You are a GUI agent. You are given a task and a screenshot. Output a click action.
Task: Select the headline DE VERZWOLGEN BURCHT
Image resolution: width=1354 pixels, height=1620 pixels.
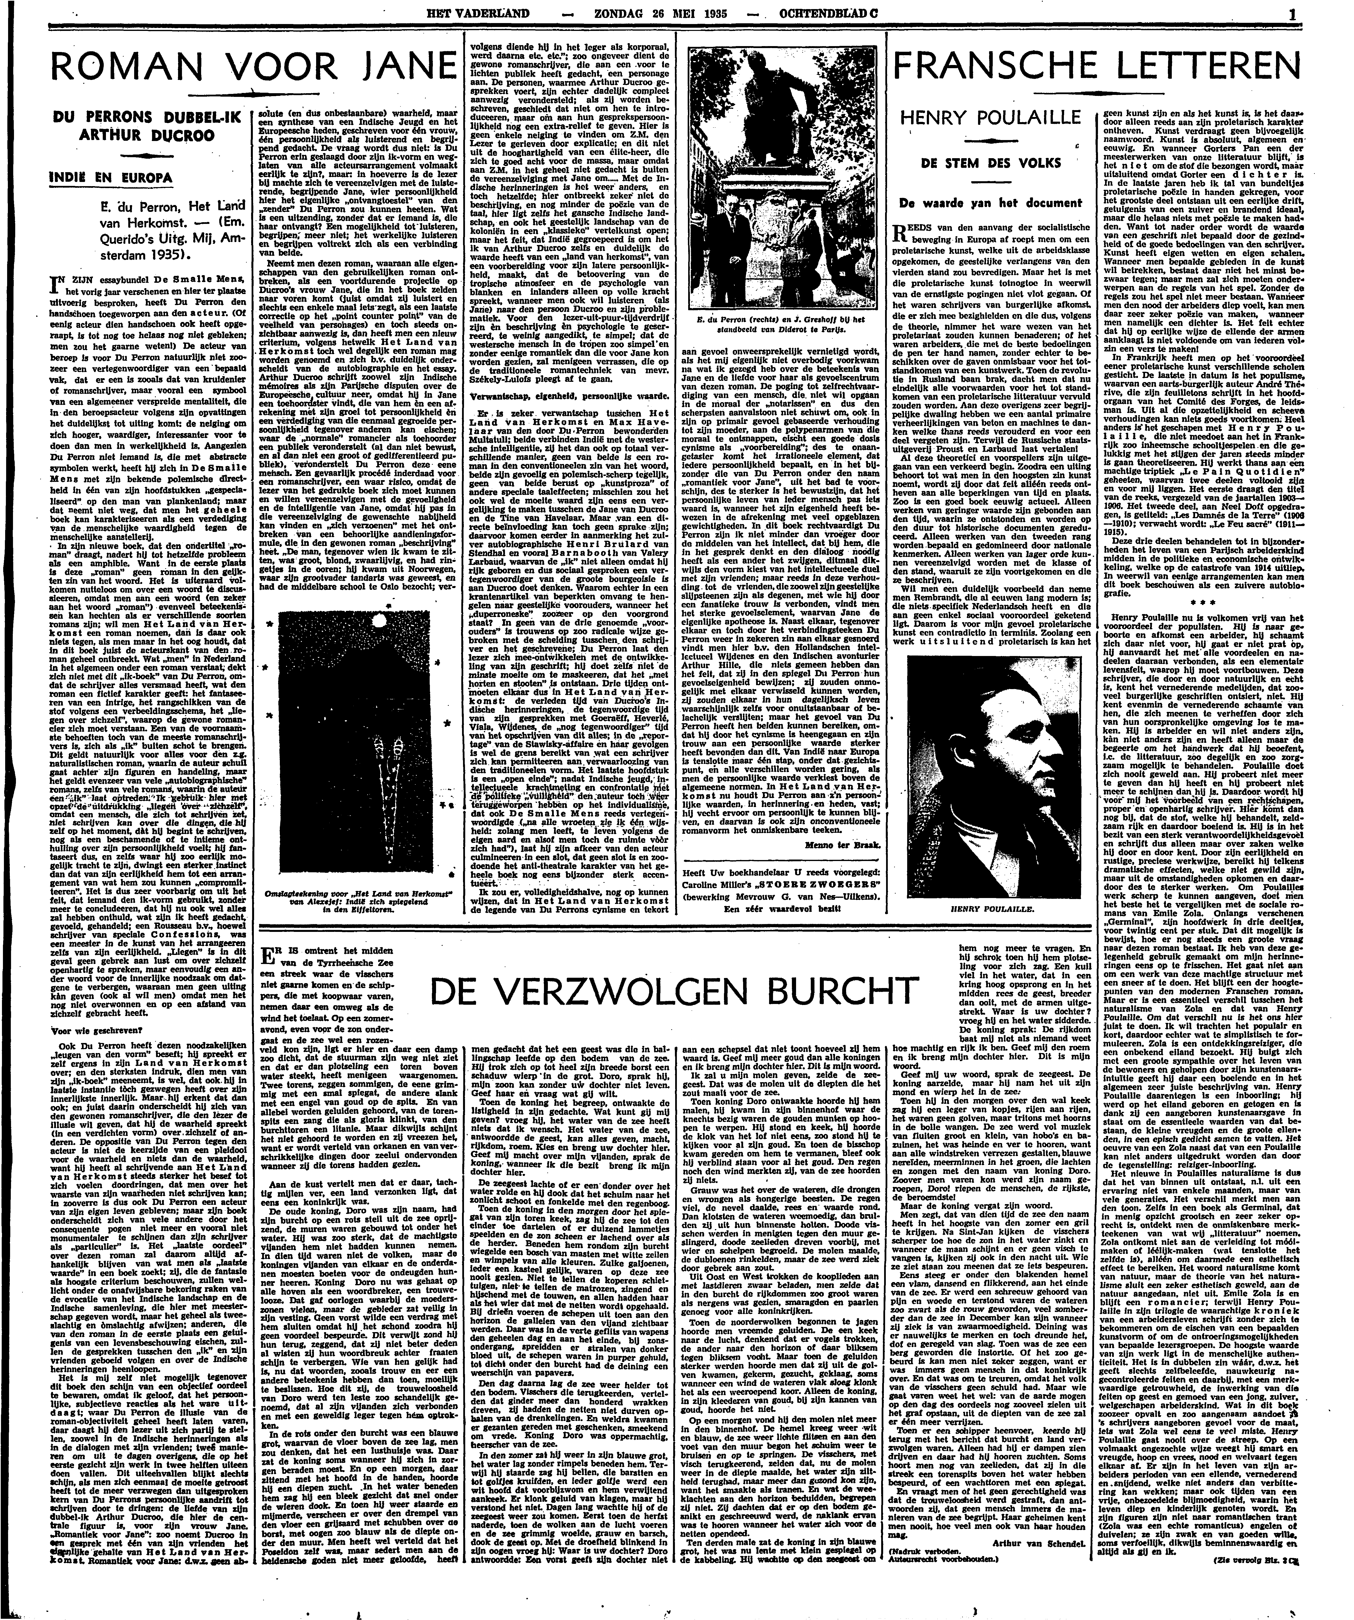click(x=671, y=990)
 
